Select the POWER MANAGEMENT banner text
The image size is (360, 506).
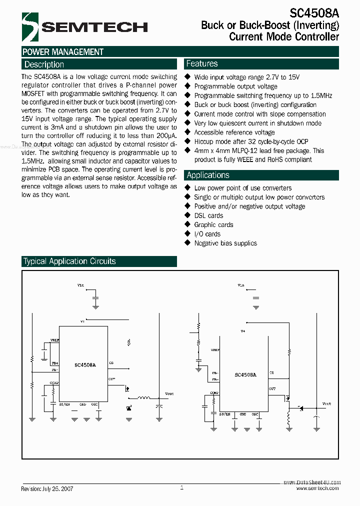(x=63, y=52)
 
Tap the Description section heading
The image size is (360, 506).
(x=44, y=64)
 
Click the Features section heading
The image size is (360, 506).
(x=202, y=63)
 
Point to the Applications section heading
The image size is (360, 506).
(x=208, y=175)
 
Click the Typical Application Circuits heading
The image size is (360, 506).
(x=69, y=261)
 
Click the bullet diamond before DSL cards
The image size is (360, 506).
(x=188, y=215)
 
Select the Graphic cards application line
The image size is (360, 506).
(x=213, y=225)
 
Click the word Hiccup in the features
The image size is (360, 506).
(x=204, y=141)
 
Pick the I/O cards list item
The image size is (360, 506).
(x=207, y=234)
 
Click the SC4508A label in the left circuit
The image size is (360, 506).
(x=85, y=365)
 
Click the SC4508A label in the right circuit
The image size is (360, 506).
(x=245, y=374)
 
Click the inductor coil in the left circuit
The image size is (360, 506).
(x=144, y=398)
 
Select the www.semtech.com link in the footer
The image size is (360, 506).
(x=317, y=488)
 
